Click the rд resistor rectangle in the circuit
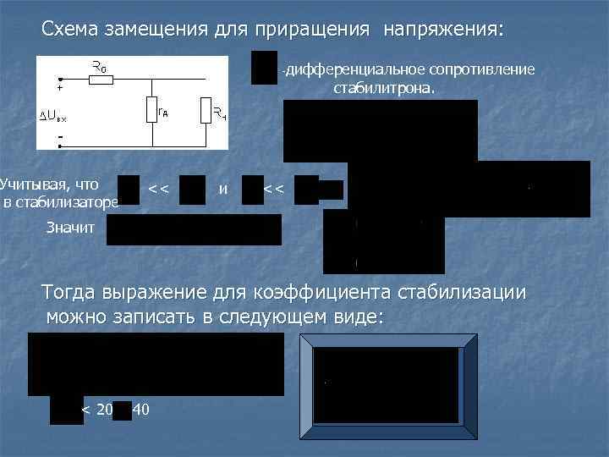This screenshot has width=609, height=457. click(x=150, y=110)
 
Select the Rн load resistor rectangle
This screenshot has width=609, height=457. click(x=205, y=110)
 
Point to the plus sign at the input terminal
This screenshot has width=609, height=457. click(x=60, y=88)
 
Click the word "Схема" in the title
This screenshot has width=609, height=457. click(x=70, y=30)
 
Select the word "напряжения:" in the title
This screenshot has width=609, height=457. click(x=443, y=30)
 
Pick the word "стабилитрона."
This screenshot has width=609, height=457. click(x=385, y=87)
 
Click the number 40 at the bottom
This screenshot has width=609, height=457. click(x=141, y=410)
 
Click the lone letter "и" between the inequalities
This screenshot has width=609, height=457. click(x=222, y=187)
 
